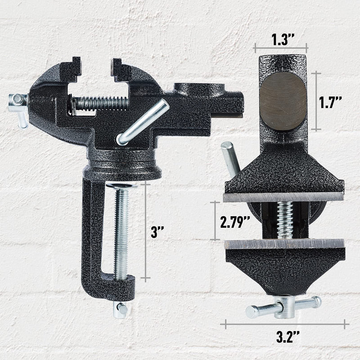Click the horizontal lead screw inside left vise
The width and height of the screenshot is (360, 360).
click(x=101, y=102)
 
